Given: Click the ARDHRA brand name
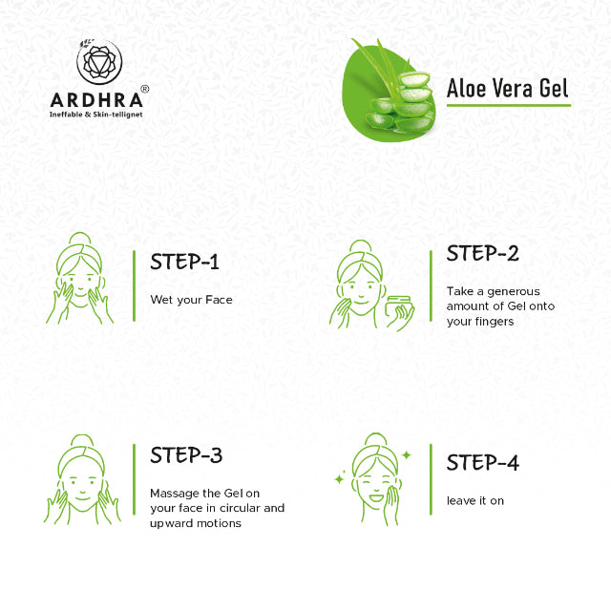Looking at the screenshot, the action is (x=96, y=100).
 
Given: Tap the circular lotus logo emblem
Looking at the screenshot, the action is (x=99, y=61).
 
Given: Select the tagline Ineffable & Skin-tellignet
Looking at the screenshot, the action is (x=95, y=115).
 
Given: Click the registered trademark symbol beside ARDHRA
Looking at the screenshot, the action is (x=144, y=89).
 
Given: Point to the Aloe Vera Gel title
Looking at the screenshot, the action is (x=507, y=88).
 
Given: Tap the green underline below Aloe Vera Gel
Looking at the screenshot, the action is (x=509, y=105).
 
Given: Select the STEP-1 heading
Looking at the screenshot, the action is (x=184, y=262).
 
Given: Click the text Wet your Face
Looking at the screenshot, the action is (x=191, y=300).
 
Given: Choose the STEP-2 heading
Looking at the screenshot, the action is (x=482, y=253).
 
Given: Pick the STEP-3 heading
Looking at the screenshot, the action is (x=186, y=455).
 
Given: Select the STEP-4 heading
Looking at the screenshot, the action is (x=483, y=462).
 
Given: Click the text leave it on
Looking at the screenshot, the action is (x=475, y=500).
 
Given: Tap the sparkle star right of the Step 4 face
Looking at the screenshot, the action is (x=407, y=454).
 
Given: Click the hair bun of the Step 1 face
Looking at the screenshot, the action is (x=80, y=239).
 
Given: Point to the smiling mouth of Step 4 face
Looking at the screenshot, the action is (x=376, y=497).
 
